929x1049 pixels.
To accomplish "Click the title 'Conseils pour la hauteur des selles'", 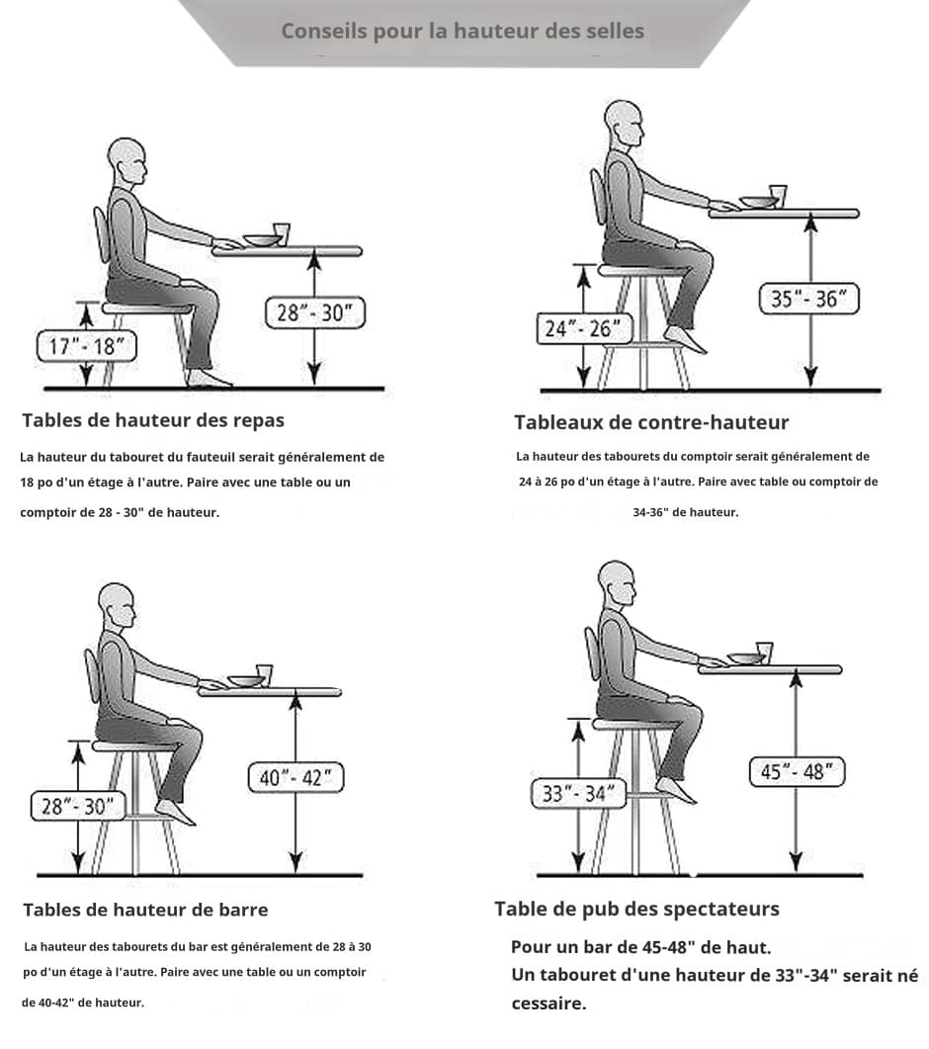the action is tap(463, 31).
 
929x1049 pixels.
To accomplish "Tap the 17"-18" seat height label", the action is tap(86, 346).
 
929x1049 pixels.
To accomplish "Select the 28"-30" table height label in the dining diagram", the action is tap(315, 312).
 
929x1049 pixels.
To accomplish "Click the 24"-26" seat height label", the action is tap(583, 328).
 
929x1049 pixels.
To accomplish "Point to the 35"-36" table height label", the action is tap(808, 299).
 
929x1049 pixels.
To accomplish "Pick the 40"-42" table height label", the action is tap(296, 777).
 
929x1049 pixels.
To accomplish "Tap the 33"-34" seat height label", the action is tap(578, 794).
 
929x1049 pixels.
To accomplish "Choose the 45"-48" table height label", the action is tap(797, 772).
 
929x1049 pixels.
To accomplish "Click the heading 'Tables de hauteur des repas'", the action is tap(153, 420).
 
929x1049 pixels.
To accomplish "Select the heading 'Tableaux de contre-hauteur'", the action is tap(651, 422).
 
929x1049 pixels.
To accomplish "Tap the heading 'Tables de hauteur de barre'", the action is tap(145, 910).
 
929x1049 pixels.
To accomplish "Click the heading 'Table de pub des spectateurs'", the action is tap(636, 910).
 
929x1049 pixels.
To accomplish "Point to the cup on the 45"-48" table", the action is tap(764, 653).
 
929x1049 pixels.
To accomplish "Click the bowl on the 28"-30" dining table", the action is tap(262, 240).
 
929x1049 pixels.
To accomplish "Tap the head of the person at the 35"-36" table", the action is tap(624, 125).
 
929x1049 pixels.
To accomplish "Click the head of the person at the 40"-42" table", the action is tap(117, 605).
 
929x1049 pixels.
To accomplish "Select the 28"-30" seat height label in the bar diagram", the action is tap(78, 806).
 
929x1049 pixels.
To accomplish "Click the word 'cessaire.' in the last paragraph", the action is tap(549, 1004).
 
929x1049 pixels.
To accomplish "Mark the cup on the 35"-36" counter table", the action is tap(777, 196).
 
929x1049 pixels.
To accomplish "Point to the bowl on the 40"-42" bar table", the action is tap(246, 681).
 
